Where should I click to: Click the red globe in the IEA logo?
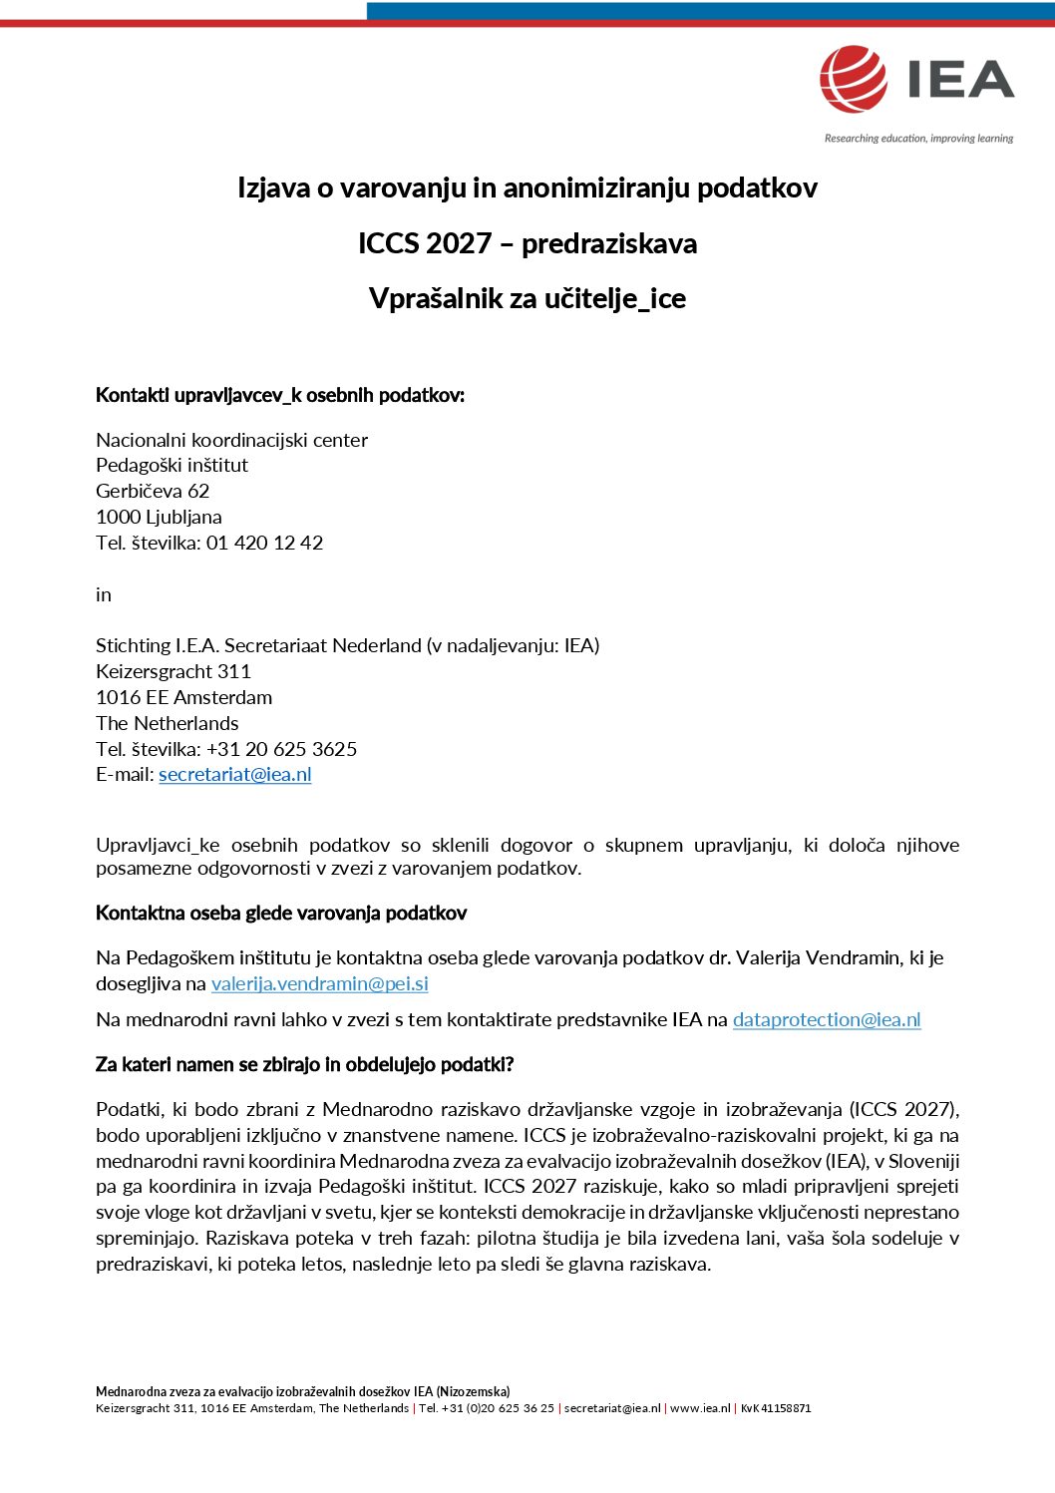coord(853,79)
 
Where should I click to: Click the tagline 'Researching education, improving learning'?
coord(917,139)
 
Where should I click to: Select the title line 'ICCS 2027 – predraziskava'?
coord(527,243)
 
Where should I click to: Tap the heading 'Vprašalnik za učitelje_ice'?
coord(527,298)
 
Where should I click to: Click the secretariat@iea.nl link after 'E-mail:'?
coord(234,775)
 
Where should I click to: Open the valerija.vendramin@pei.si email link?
coord(319,984)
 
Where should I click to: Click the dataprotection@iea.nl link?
coord(826,1020)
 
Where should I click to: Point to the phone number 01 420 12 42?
coord(264,543)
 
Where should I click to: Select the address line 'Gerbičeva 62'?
coord(153,491)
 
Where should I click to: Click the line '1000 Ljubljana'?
coord(159,517)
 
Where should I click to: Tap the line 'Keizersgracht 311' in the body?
coord(173,671)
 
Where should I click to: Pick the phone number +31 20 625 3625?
coord(281,749)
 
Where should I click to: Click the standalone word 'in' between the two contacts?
coord(104,594)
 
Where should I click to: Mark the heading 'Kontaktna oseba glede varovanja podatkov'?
coord(280,914)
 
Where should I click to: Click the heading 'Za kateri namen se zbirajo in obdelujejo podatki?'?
coord(304,1065)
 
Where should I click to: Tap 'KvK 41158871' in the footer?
coord(775,1408)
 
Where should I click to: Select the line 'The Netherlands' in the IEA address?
coord(167,723)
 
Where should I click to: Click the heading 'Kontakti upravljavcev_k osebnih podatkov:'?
coord(279,395)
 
